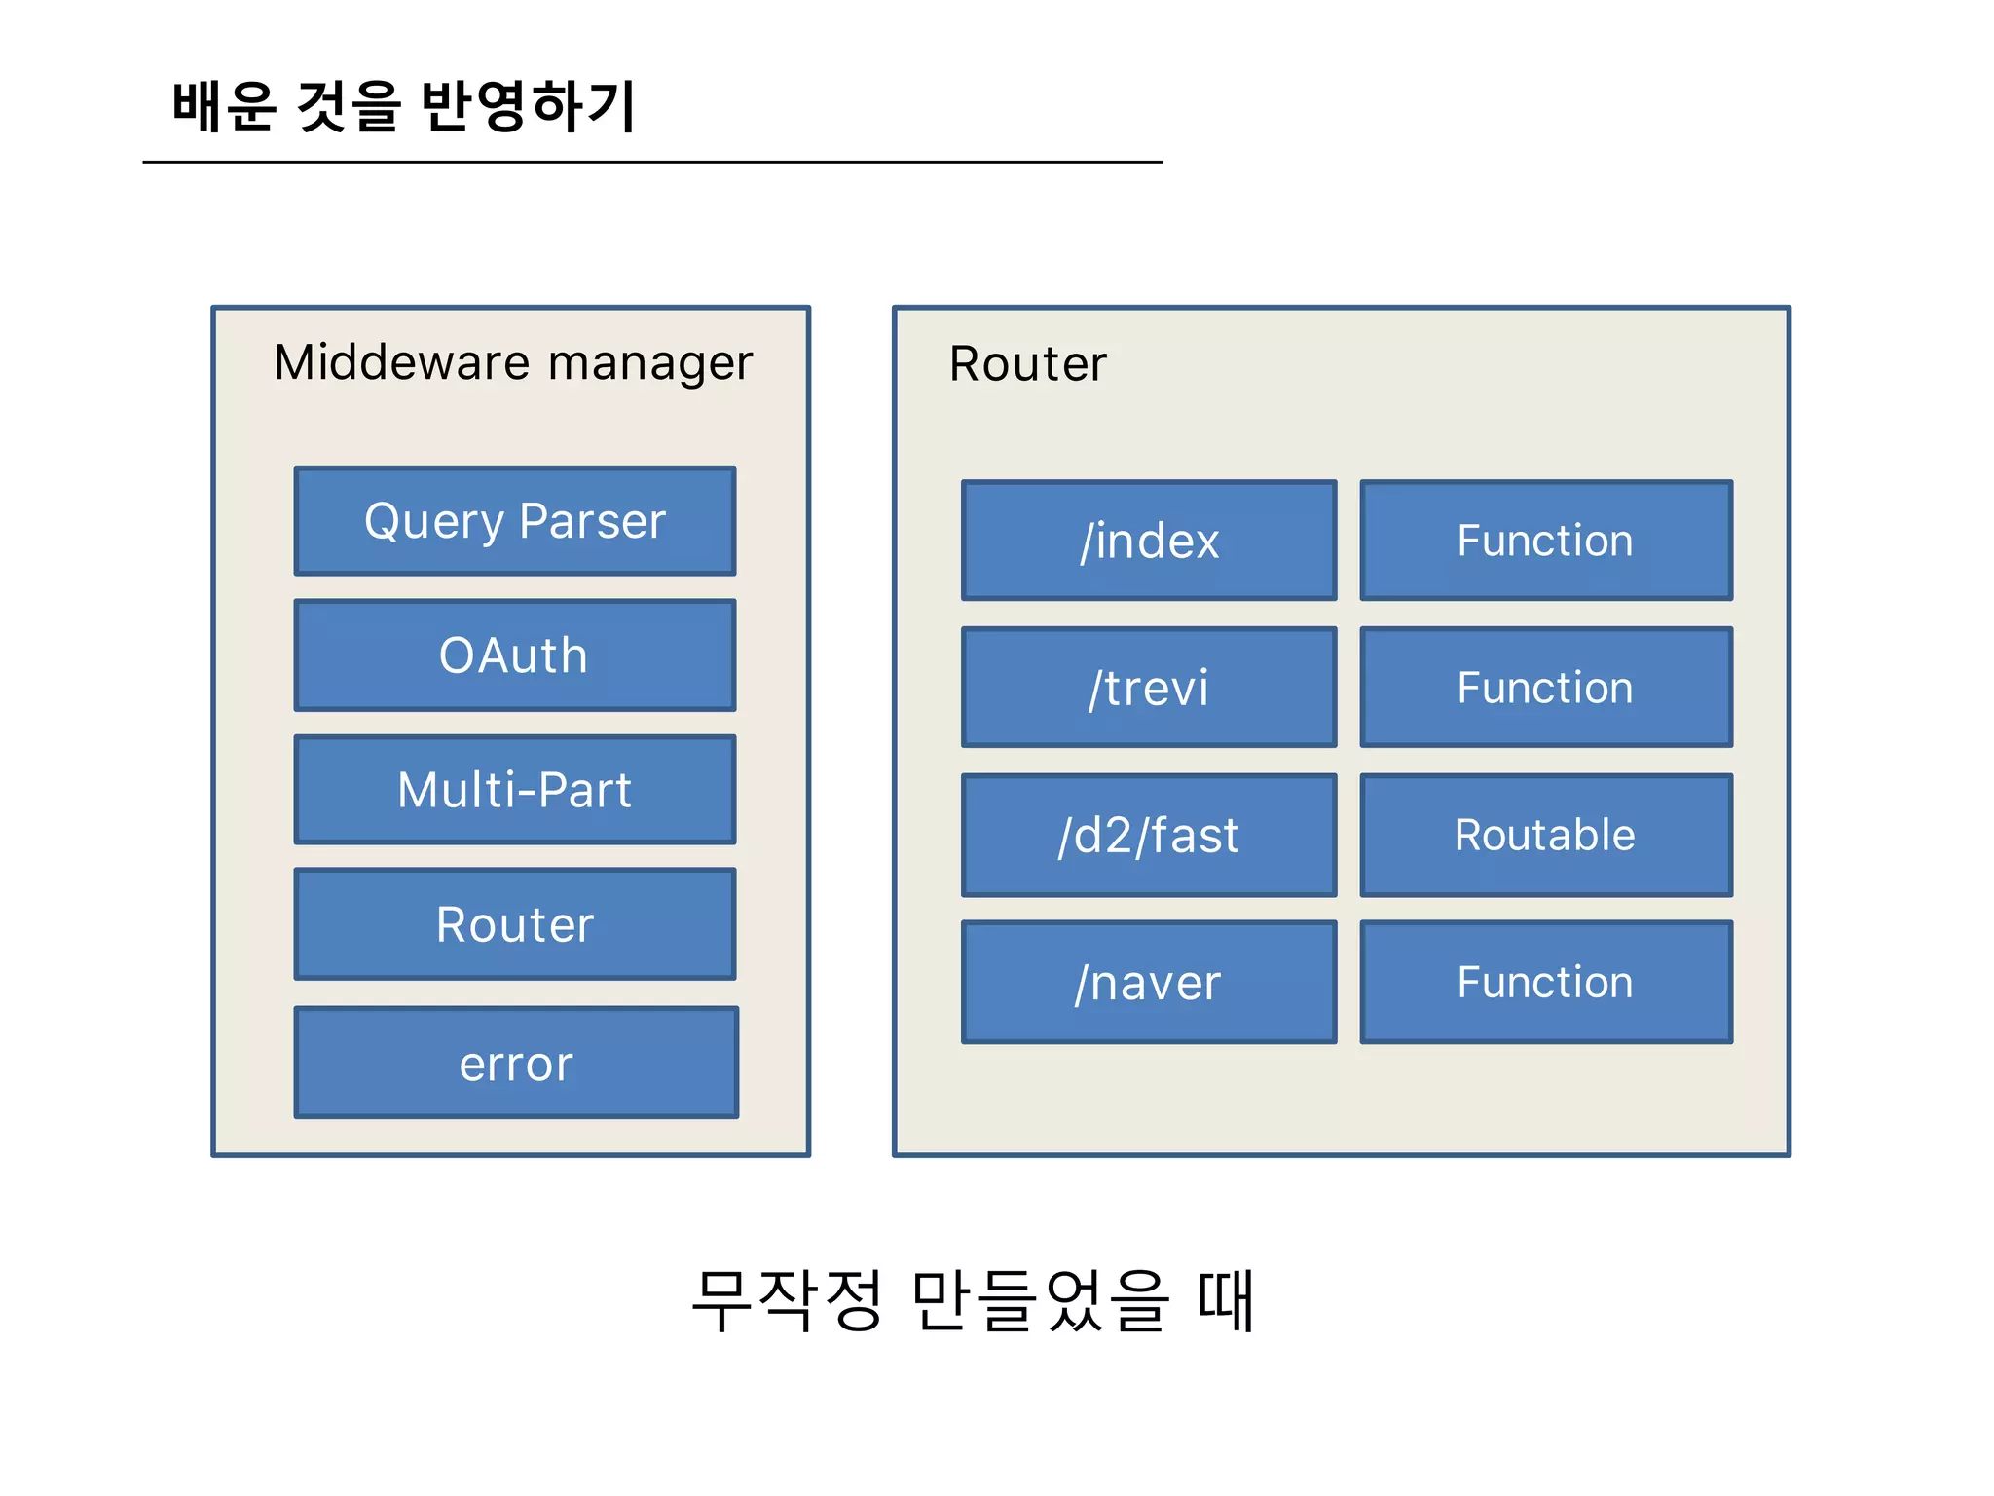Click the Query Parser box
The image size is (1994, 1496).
(x=515, y=521)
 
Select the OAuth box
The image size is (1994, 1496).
(x=515, y=654)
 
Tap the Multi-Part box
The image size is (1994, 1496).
(x=515, y=789)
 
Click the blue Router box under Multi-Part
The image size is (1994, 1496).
(x=515, y=923)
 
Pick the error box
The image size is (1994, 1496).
(x=516, y=1063)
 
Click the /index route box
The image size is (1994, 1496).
(x=1149, y=541)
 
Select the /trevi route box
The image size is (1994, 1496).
(x=1149, y=688)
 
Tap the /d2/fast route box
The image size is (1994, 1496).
(x=1149, y=835)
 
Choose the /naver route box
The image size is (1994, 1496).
(x=1149, y=982)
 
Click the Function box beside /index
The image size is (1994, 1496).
(x=1546, y=541)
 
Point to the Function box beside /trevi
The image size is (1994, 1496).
(x=1546, y=688)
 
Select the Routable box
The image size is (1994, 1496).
(x=1546, y=835)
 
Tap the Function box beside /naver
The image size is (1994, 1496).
(x=1546, y=982)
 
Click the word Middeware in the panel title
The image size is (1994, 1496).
(x=403, y=362)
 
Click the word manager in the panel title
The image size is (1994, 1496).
(x=650, y=364)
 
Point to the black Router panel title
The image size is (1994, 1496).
(x=1028, y=364)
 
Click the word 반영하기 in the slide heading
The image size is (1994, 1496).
(x=529, y=105)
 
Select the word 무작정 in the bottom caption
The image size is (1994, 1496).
(x=787, y=1300)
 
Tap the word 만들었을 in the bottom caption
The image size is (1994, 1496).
(x=1040, y=1300)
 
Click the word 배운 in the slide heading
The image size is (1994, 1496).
(x=225, y=105)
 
